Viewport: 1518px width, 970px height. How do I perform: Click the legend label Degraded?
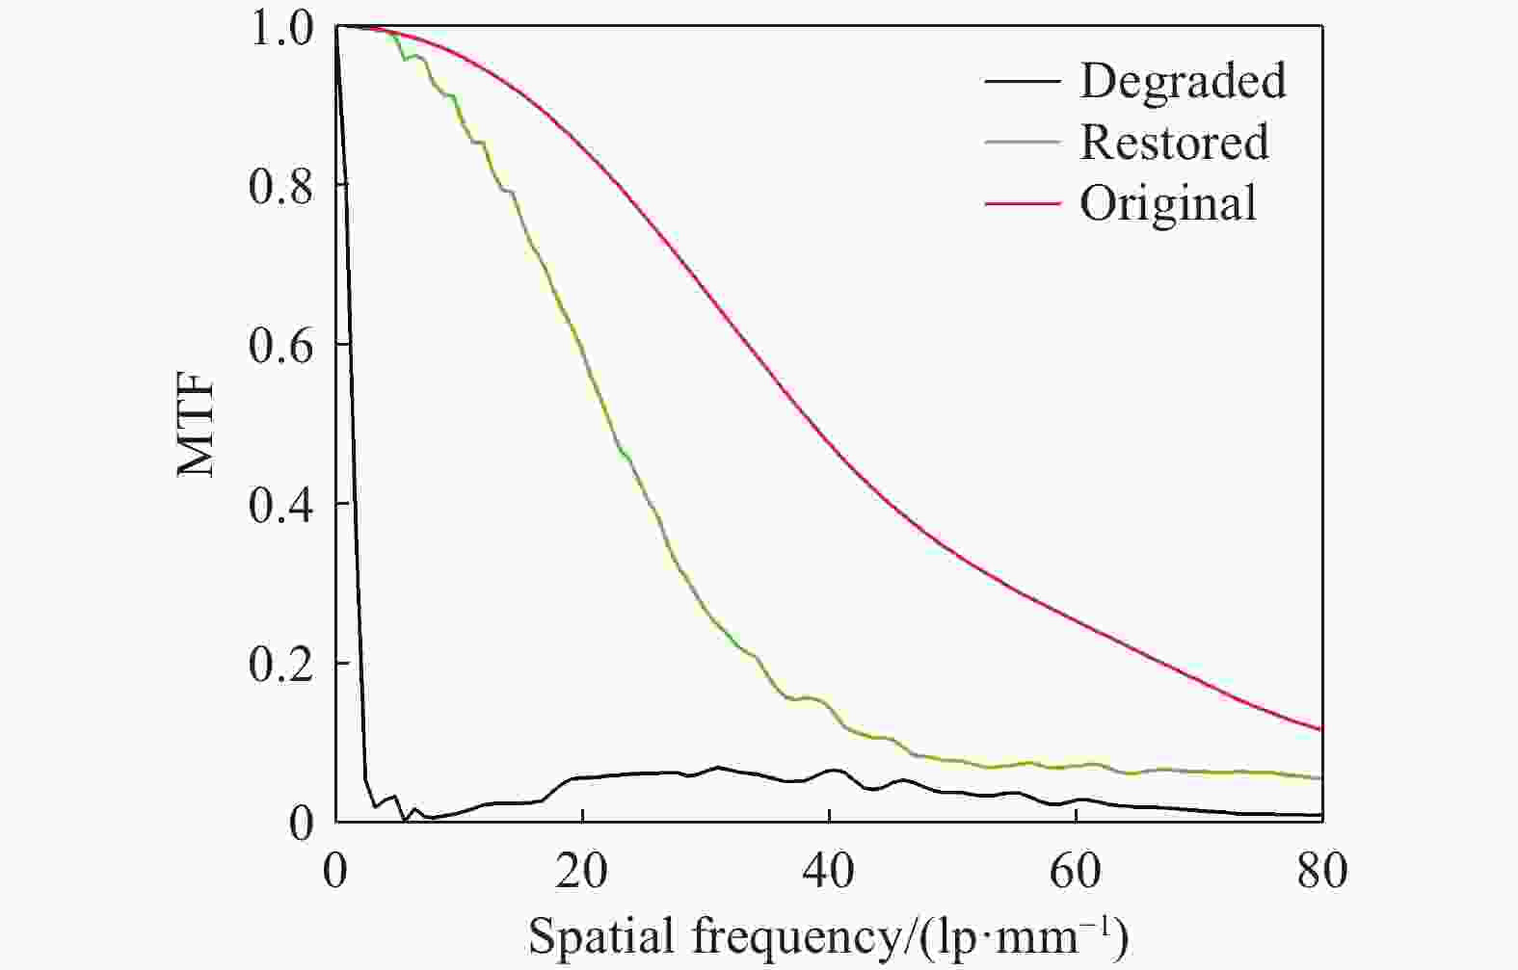point(1183,80)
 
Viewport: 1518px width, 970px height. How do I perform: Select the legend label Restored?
point(1174,143)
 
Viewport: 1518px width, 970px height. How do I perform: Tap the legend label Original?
point(1168,203)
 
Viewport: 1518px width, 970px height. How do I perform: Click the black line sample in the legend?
point(1022,81)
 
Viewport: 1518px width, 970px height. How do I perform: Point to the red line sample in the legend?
point(1022,204)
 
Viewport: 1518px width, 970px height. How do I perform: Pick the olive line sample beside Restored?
point(1022,143)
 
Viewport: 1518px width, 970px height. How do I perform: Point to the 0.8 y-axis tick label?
point(280,186)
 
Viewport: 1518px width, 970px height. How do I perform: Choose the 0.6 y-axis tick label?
point(280,345)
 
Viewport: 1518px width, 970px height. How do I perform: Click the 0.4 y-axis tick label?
point(280,505)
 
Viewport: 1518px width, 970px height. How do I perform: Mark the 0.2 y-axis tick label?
point(280,664)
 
